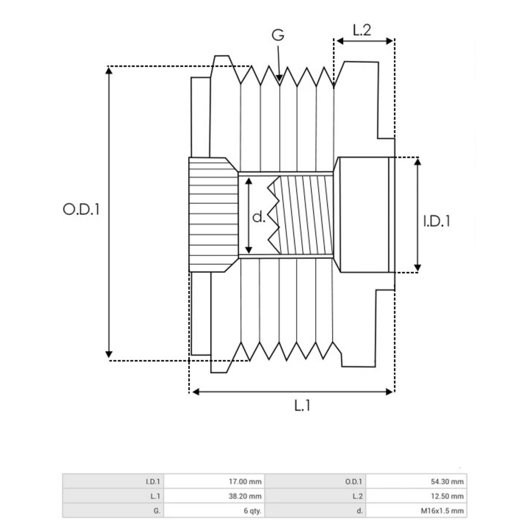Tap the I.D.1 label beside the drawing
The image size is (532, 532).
(437, 221)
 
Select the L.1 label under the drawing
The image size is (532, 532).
(302, 405)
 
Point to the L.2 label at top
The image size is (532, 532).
(362, 31)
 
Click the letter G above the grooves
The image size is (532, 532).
(278, 35)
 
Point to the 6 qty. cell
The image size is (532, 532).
(253, 510)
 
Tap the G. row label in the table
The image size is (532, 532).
(156, 510)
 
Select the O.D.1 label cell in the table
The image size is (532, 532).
(355, 481)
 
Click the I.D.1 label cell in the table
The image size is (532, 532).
(153, 481)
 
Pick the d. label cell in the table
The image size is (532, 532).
(360, 510)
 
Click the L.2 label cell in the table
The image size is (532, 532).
(358, 496)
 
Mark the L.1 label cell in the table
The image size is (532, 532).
(155, 496)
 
